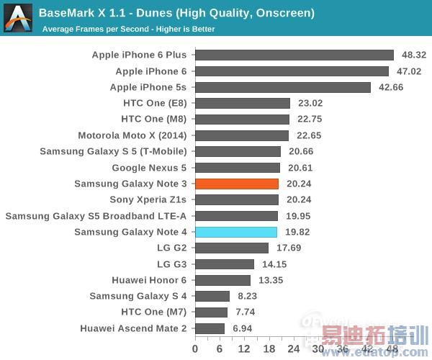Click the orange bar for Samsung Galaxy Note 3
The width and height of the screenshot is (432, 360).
click(x=237, y=184)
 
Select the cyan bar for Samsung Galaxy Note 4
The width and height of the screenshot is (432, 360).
click(x=236, y=232)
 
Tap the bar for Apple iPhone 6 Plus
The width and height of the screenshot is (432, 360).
click(x=294, y=55)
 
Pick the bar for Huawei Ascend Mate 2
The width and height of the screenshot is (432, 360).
click(x=210, y=328)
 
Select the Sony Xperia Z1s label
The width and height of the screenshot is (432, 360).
click(x=148, y=199)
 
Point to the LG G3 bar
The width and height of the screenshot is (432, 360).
click(x=225, y=264)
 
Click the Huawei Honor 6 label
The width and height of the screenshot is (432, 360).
click(x=149, y=280)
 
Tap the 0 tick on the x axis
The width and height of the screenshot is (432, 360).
click(x=195, y=349)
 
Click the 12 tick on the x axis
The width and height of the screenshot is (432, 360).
click(x=244, y=349)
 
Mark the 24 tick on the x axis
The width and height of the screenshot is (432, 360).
click(x=294, y=349)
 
